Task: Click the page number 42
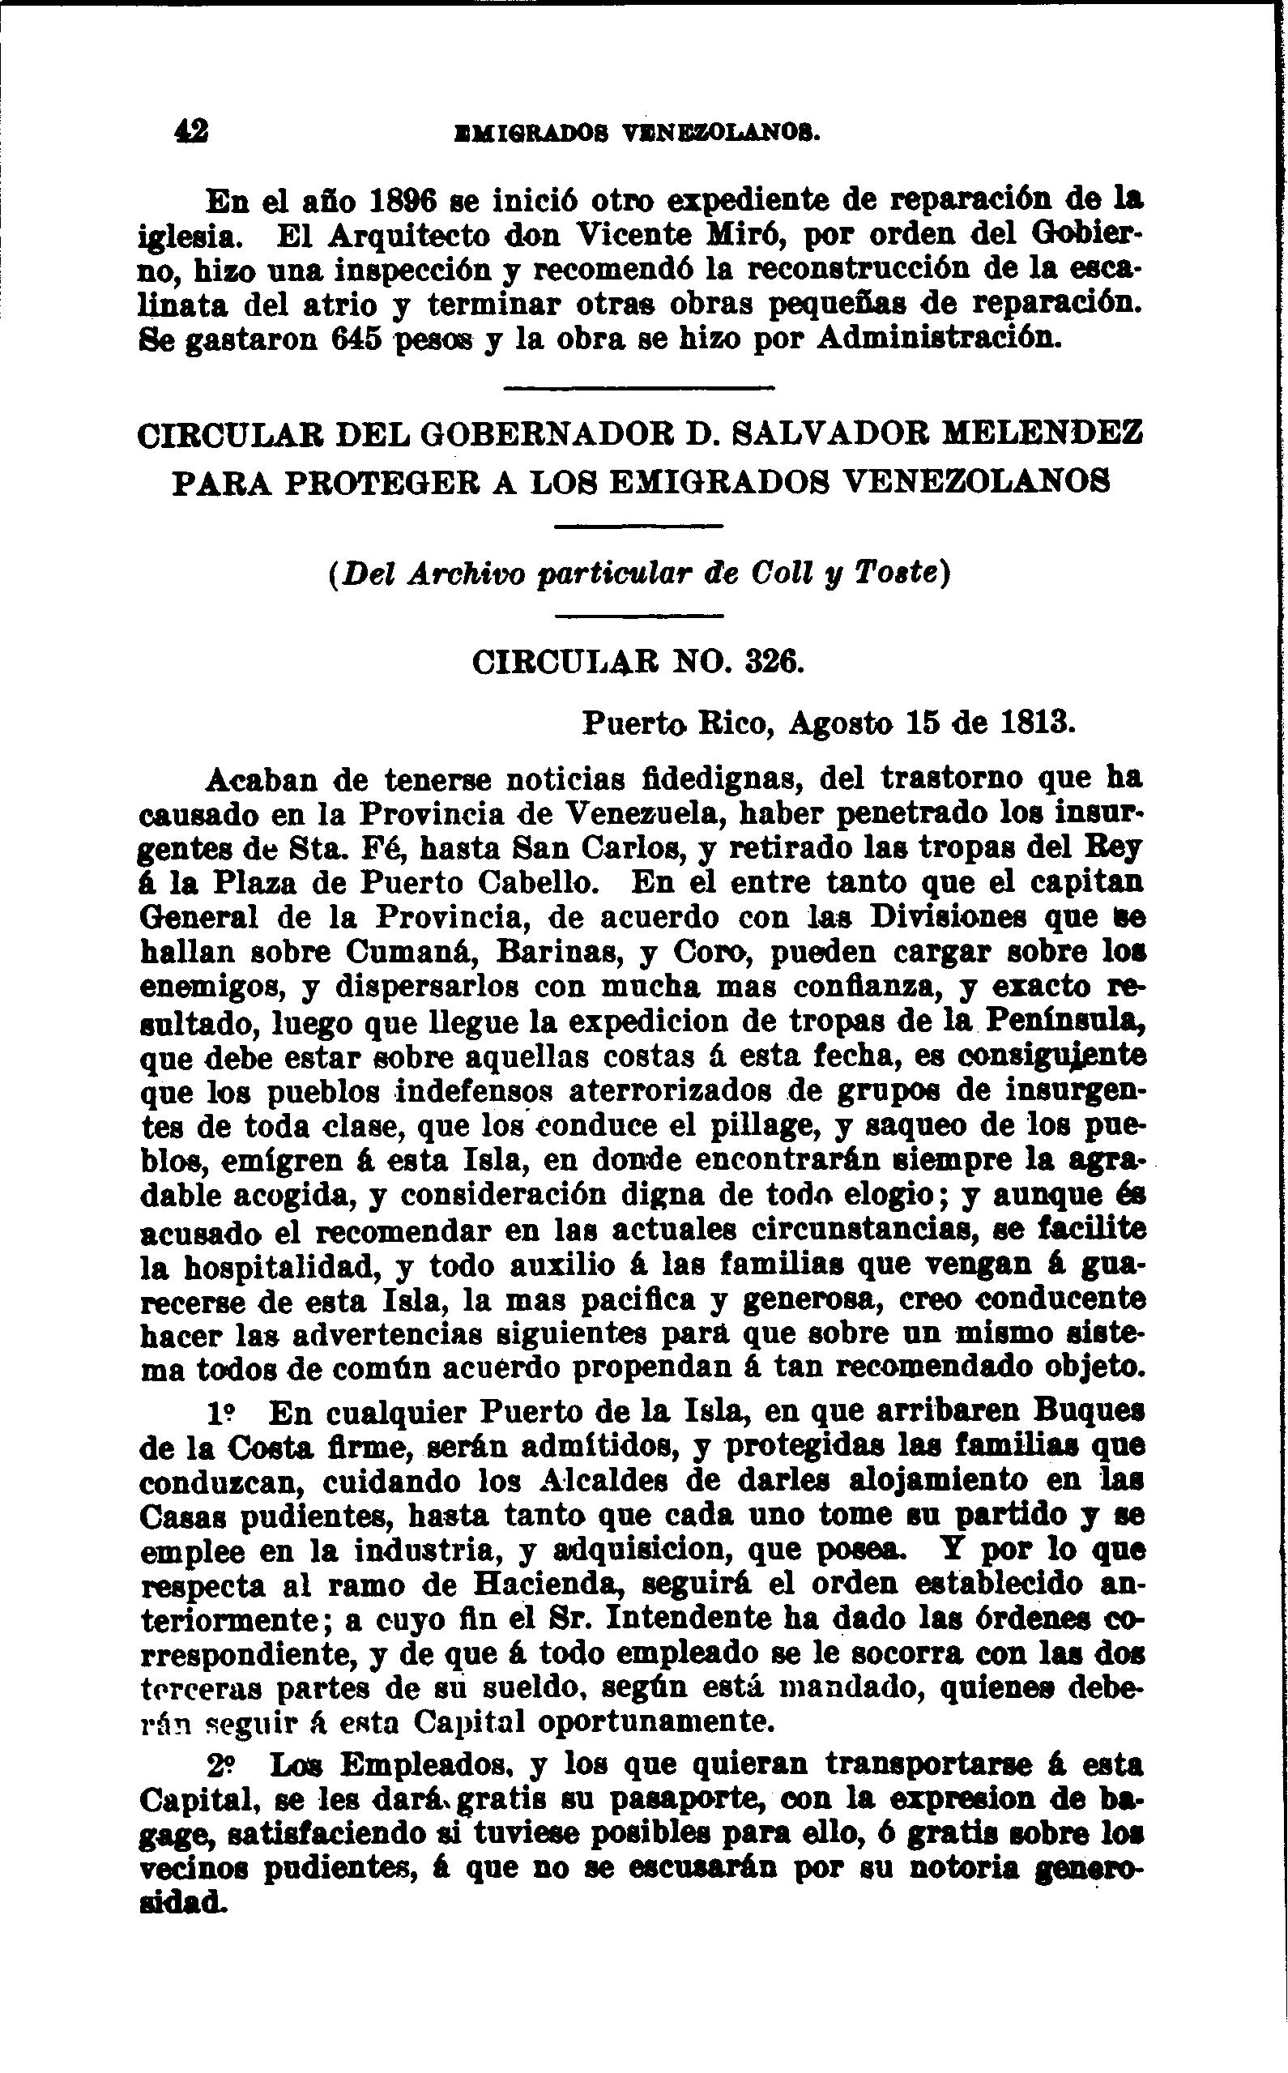[x=191, y=131]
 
